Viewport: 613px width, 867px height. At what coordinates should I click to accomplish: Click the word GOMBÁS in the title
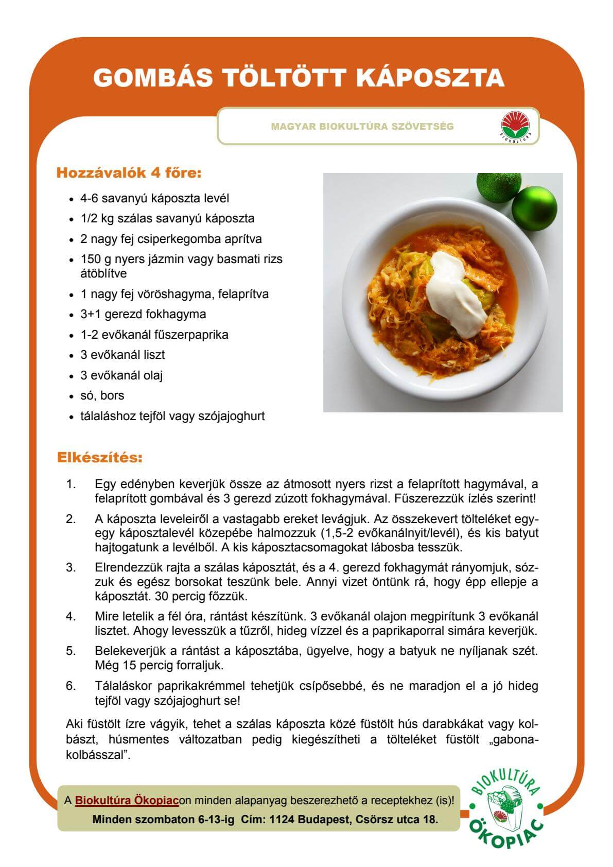point(153,78)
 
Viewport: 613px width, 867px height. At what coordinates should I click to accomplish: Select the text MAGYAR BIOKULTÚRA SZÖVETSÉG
point(362,127)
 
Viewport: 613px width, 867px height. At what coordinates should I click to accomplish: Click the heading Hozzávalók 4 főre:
point(128,172)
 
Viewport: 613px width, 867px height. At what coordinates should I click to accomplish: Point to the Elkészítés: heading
point(99,457)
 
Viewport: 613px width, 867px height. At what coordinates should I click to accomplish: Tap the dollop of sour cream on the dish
point(456,285)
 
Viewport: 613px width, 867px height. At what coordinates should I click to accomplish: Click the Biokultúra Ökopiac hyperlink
point(127,801)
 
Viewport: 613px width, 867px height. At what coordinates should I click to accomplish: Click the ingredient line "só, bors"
point(102,395)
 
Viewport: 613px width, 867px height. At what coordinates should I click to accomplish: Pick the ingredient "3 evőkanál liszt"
point(122,355)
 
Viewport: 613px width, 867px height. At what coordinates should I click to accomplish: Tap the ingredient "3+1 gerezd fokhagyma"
point(143,314)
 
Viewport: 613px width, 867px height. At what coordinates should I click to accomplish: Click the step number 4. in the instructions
point(71,616)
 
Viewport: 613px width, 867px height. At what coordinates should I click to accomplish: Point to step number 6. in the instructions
point(71,686)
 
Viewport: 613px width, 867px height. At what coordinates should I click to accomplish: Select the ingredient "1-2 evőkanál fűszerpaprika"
point(154,335)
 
